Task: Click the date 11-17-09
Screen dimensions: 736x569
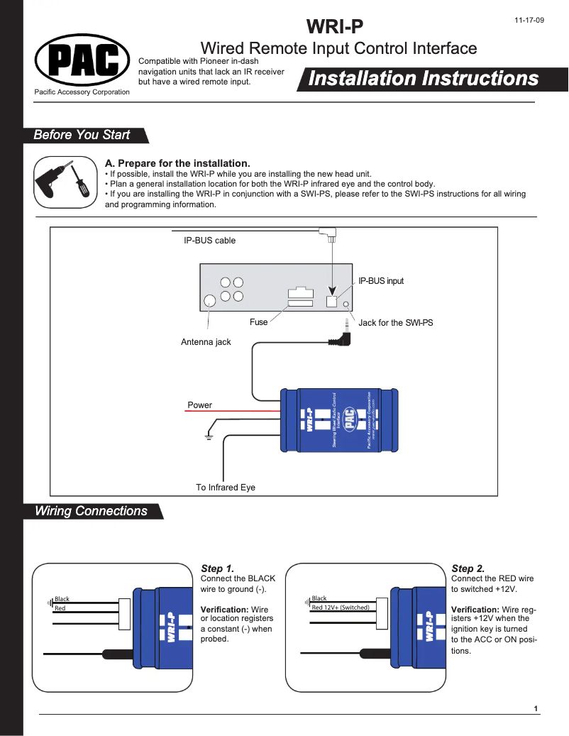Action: point(529,20)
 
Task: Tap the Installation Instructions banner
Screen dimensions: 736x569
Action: point(423,79)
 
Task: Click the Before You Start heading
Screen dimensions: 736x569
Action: point(82,135)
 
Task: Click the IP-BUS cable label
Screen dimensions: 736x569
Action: point(209,241)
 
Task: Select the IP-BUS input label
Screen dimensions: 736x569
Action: point(380,281)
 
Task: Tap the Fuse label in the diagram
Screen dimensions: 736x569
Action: point(258,322)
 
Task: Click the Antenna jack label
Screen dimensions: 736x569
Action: point(206,342)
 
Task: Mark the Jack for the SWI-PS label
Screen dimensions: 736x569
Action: point(395,323)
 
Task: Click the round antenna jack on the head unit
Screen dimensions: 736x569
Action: point(210,301)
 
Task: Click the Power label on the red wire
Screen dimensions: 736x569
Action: point(199,405)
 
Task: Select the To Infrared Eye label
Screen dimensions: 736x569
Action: point(225,488)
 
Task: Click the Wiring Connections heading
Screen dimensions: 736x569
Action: point(91,511)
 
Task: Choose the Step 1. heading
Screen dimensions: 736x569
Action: point(217,569)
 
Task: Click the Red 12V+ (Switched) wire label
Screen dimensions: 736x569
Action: point(340,608)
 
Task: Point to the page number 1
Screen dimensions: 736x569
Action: point(536,709)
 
